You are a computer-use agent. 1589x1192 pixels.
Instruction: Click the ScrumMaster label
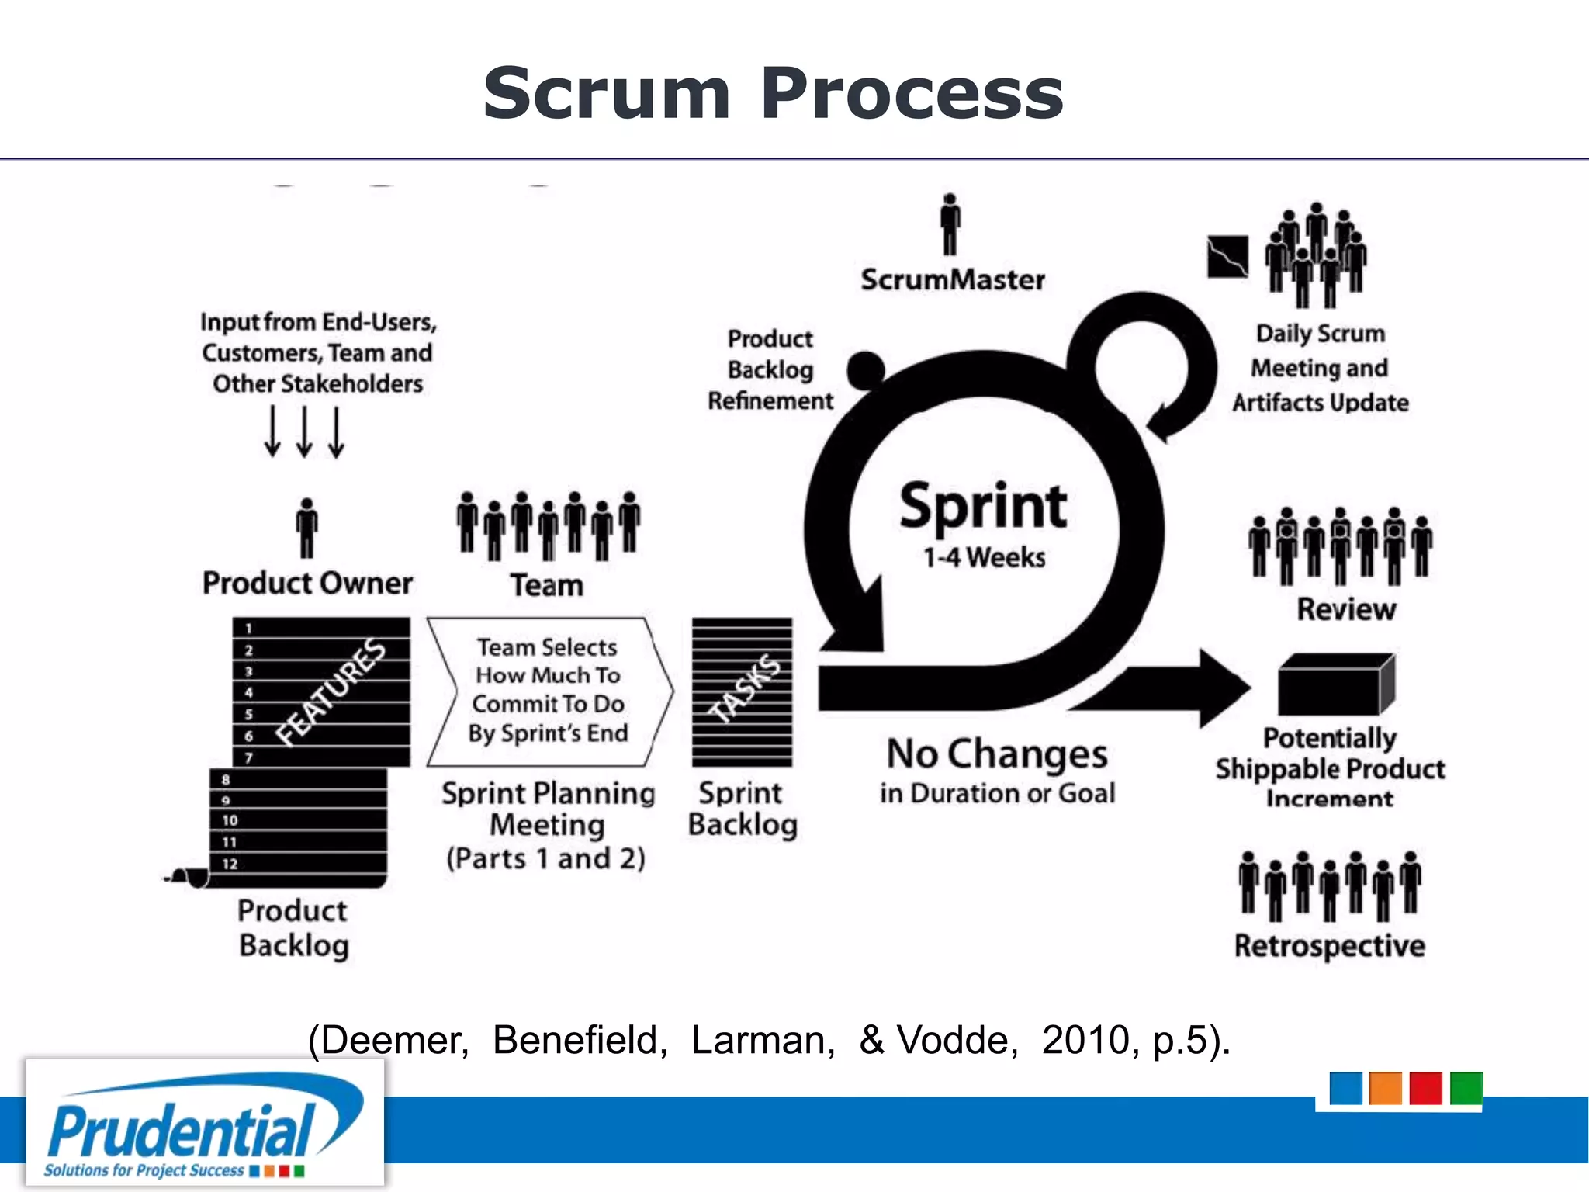[952, 279]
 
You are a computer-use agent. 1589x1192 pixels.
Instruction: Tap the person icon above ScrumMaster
[950, 225]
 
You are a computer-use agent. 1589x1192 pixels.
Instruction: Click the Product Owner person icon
[307, 528]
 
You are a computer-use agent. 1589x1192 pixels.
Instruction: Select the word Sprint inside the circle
[983, 506]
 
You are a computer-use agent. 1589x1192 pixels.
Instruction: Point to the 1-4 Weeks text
[984, 557]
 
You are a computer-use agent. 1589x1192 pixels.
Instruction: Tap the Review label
[1346, 609]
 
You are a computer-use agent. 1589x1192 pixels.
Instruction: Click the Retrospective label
[1329, 946]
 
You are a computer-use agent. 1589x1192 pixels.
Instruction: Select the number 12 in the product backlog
[230, 864]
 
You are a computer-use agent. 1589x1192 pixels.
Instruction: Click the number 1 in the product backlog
[248, 629]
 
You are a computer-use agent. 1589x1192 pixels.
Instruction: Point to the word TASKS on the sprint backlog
[745, 688]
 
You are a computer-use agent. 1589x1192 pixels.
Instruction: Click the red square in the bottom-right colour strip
[1425, 1088]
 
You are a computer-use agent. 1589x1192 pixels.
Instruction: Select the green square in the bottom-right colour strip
[1466, 1088]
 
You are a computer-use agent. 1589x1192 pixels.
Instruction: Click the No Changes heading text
[997, 754]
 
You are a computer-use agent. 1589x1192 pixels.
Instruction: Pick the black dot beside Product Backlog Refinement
[866, 369]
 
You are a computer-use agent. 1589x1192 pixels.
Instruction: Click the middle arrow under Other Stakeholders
[305, 431]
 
